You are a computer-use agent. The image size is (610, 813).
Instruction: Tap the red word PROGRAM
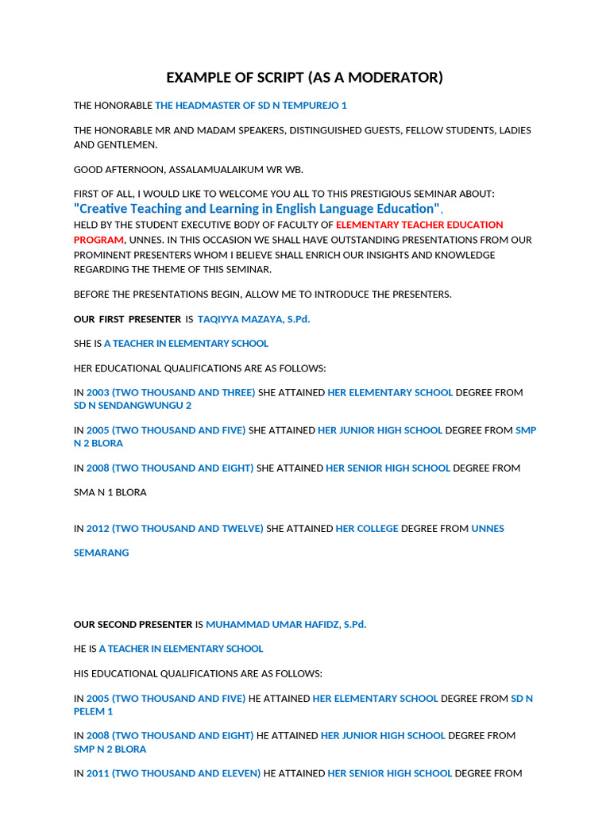(x=98, y=240)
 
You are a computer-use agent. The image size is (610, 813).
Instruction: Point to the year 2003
(x=98, y=393)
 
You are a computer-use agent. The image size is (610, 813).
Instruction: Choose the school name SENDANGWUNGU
(x=139, y=406)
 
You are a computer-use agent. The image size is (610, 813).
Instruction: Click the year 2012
(x=98, y=529)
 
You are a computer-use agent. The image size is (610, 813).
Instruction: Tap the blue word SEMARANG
(x=101, y=553)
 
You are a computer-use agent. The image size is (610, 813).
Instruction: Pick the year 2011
(x=98, y=773)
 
